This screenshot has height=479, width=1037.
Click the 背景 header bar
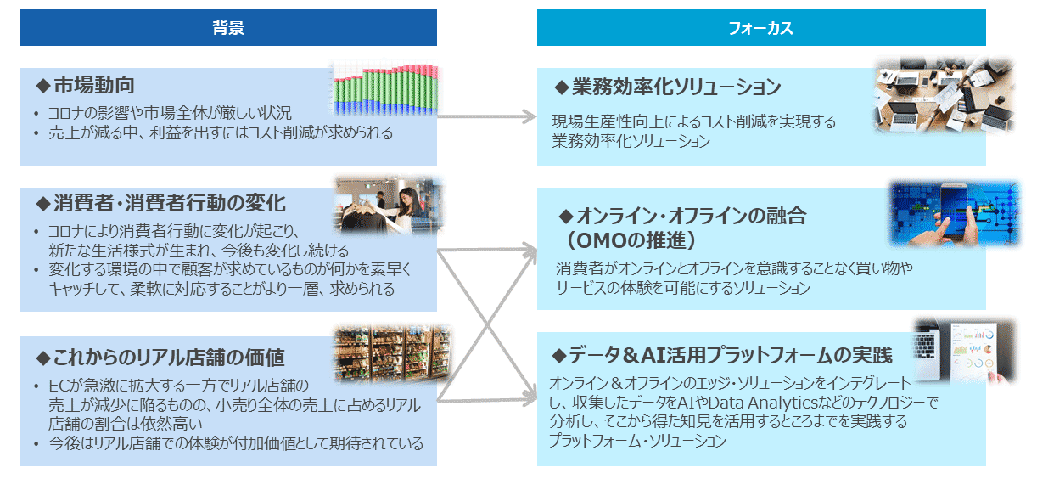tap(227, 28)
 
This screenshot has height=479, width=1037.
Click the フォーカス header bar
tap(760, 28)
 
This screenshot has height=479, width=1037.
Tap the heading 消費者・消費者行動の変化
tap(160, 204)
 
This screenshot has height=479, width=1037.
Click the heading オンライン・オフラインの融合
tap(685, 216)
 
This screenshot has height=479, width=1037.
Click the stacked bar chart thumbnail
tap(384, 89)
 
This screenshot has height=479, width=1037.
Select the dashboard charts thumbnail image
tap(964, 350)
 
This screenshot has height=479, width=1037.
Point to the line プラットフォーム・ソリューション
tap(637, 442)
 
